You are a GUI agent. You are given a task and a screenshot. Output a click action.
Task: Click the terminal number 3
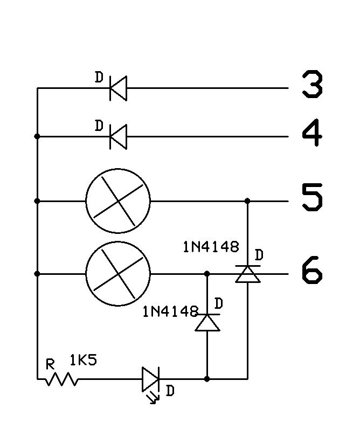coord(312,86)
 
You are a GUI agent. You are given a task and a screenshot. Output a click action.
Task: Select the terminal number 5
coord(312,197)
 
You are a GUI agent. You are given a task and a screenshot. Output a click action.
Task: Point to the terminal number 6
coord(312,271)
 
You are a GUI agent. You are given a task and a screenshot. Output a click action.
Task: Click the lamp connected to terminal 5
coord(118,201)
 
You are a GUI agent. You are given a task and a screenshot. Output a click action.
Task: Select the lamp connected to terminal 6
coord(118,274)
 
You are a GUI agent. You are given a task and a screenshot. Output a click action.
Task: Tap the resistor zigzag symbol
coord(61,379)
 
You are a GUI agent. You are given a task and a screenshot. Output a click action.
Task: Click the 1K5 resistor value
coord(84,360)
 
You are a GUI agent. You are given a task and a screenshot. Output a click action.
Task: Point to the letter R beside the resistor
coord(51,365)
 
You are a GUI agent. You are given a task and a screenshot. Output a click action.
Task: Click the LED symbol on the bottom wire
coord(150,379)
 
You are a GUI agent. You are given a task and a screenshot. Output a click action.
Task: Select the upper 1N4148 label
coord(210,247)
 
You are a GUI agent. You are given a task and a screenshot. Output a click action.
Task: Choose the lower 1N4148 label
coord(170,312)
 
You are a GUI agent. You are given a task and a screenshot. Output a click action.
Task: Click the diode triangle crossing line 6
coord(247,274)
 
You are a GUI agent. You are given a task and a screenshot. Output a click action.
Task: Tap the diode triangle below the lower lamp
coord(207,322)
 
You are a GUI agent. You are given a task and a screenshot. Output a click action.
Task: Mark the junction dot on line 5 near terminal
coord(247,201)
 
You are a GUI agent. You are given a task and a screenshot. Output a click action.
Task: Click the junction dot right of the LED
coord(207,379)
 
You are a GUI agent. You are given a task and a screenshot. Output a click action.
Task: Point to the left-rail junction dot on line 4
coord(37,136)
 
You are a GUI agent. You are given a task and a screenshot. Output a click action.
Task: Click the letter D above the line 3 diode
coord(99,78)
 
